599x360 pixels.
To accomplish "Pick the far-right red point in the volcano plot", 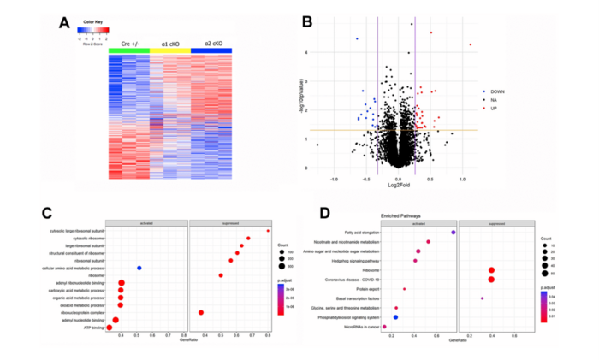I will (x=470, y=44).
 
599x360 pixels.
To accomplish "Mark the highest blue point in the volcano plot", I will (x=357, y=38).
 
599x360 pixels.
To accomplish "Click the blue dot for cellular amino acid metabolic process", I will (x=139, y=268).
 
